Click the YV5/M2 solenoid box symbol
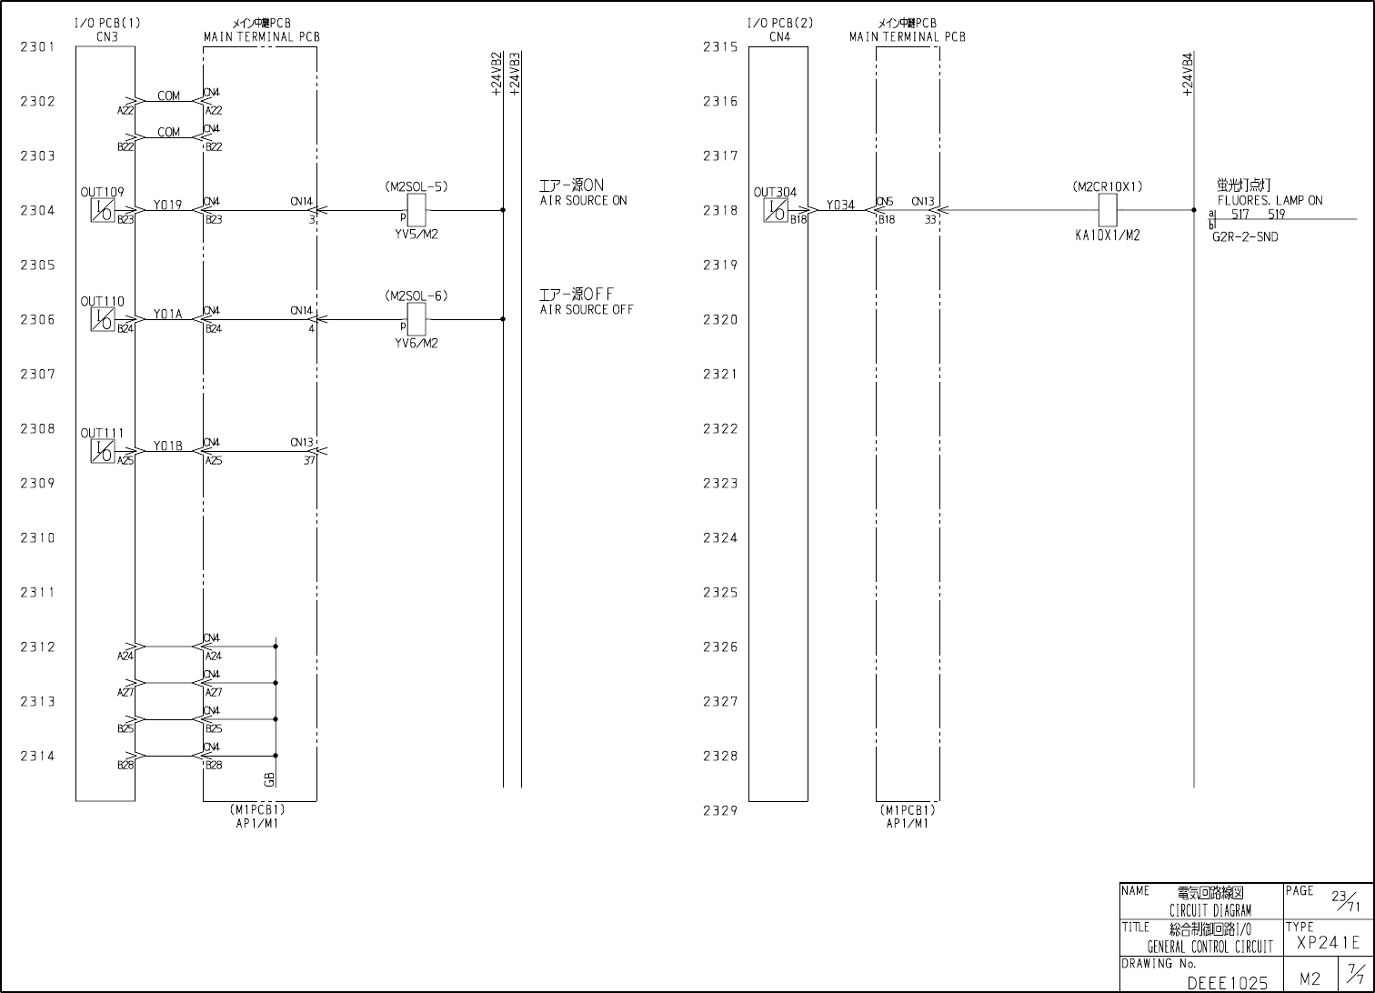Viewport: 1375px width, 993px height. pos(417,211)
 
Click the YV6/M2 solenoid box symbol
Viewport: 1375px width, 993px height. pos(417,319)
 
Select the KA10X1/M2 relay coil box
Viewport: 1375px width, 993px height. pos(1108,211)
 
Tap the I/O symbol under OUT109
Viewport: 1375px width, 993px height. pos(103,211)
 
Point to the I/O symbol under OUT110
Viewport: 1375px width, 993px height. pos(103,319)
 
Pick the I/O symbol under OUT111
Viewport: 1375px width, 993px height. pos(103,451)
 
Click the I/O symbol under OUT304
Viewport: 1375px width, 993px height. pos(776,211)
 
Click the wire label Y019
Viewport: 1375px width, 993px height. pos(167,206)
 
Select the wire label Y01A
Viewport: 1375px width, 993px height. pos(167,315)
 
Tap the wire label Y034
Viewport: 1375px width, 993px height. pos(840,206)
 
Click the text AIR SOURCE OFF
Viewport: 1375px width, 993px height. pos(587,310)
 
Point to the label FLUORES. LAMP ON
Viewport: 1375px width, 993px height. pos(1270,201)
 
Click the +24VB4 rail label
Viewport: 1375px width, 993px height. pos(1188,75)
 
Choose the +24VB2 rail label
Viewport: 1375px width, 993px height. pos(497,75)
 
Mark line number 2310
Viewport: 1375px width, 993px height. pos(38,538)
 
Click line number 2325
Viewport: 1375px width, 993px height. pos(720,593)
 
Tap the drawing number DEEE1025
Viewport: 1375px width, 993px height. pos(1227,983)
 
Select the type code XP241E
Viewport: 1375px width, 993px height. pos(1328,943)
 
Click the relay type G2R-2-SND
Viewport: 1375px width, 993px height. pos(1245,237)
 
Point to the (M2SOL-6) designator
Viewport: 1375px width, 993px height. pos(417,296)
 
